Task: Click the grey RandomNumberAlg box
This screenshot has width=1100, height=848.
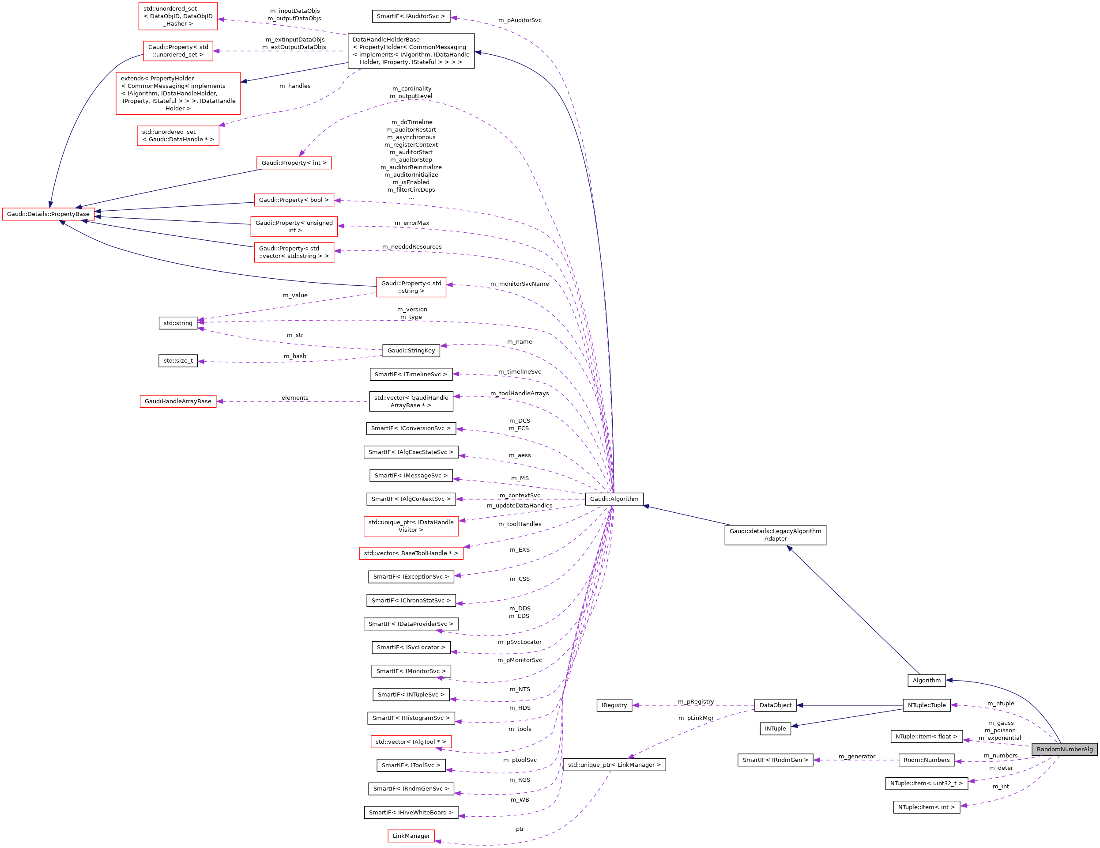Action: pyautogui.click(x=1064, y=749)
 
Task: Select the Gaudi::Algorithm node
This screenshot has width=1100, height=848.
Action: pyautogui.click(x=614, y=499)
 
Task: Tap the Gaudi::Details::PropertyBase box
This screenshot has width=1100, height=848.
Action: pyautogui.click(x=49, y=214)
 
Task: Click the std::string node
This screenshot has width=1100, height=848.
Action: pyautogui.click(x=178, y=323)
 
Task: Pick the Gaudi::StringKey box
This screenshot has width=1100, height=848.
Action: pyautogui.click(x=411, y=351)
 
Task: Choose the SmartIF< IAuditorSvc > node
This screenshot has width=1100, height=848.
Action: pyautogui.click(x=411, y=16)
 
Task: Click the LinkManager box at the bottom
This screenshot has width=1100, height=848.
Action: pyautogui.click(x=411, y=836)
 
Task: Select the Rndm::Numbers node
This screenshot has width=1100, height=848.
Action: pyautogui.click(x=926, y=760)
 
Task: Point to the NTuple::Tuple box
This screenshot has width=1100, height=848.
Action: pyautogui.click(x=926, y=705)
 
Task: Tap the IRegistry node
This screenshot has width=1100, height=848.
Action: pyautogui.click(x=614, y=705)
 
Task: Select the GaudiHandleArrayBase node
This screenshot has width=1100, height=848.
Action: pyautogui.click(x=178, y=401)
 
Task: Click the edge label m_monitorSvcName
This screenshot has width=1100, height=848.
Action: pyautogui.click(x=519, y=284)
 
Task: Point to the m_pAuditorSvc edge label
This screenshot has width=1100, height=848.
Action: pyautogui.click(x=519, y=20)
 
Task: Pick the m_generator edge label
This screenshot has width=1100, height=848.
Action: pyautogui.click(x=857, y=756)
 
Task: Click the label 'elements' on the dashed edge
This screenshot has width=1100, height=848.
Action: pyautogui.click(x=295, y=398)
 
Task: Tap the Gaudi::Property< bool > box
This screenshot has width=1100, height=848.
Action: pyautogui.click(x=294, y=200)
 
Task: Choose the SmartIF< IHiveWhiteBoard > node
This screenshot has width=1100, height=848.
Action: pyautogui.click(x=411, y=812)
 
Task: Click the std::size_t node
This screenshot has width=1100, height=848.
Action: pyautogui.click(x=178, y=361)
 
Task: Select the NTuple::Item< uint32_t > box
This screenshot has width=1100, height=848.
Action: pyautogui.click(x=926, y=784)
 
